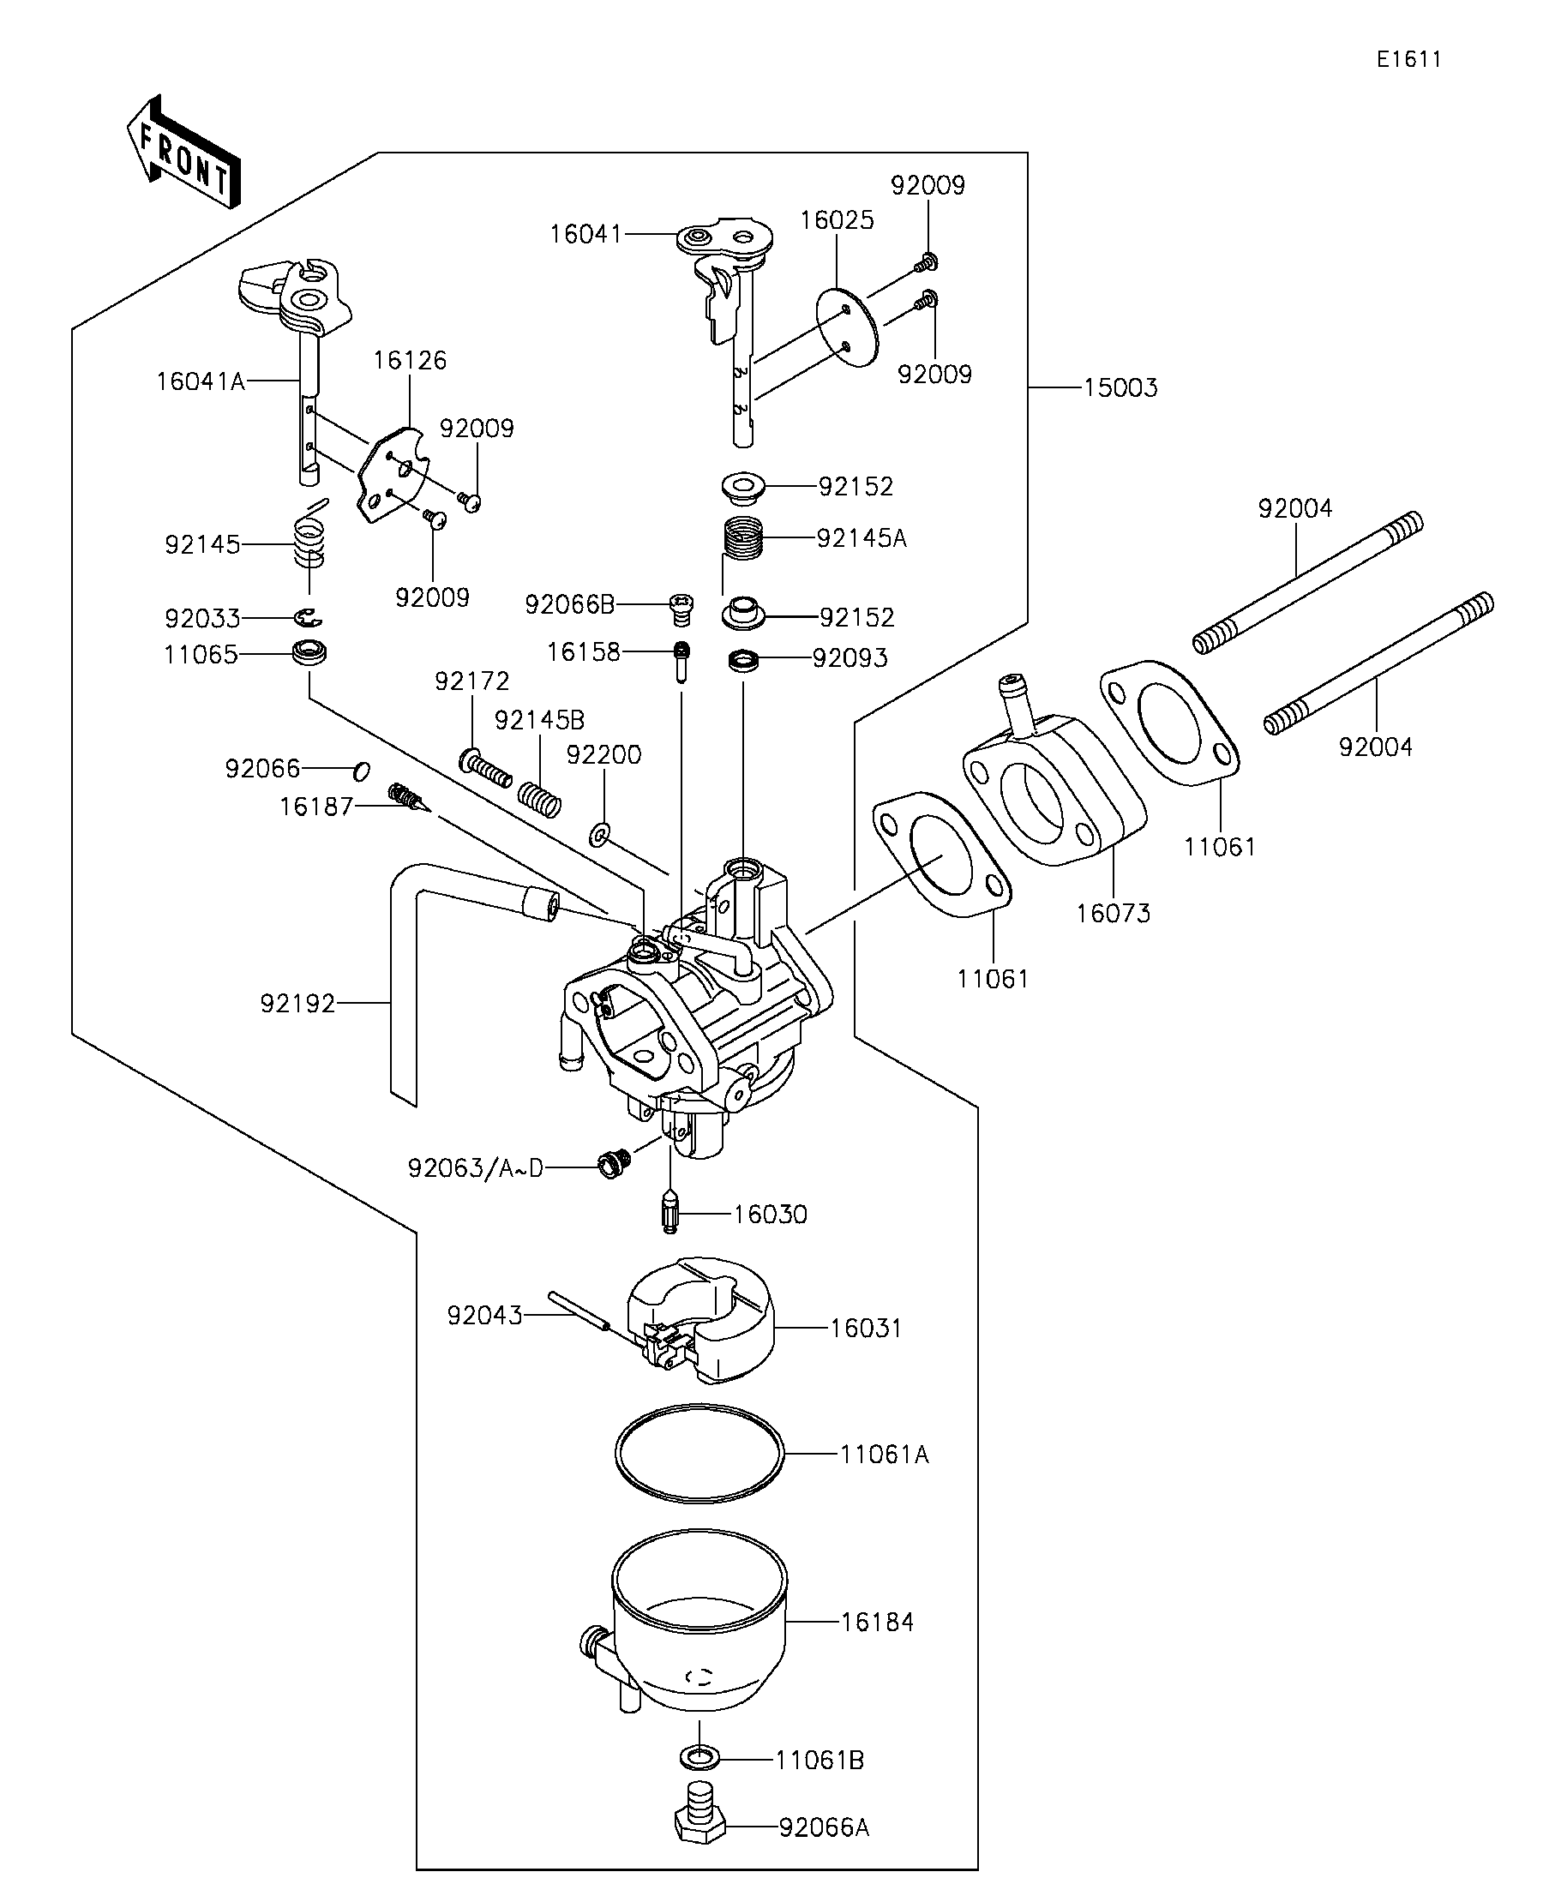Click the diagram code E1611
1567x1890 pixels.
coord(1408,59)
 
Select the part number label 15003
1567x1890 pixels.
coord(1120,388)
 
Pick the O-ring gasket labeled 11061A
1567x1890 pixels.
coord(699,1453)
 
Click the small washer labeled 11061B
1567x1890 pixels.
coord(699,1755)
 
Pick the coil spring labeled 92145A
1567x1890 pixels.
coord(744,538)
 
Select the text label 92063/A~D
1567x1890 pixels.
coord(475,1168)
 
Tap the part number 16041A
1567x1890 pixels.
coord(200,381)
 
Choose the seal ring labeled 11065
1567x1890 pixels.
coord(309,651)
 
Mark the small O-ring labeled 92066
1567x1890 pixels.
coord(361,771)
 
